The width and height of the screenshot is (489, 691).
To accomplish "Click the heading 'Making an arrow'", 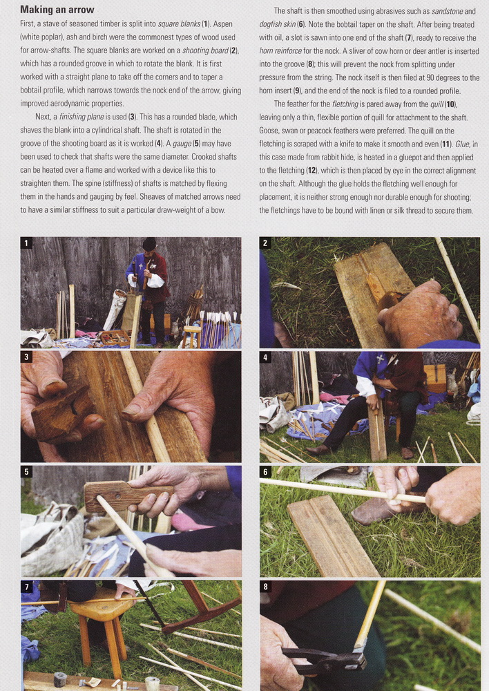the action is pyautogui.click(x=57, y=10).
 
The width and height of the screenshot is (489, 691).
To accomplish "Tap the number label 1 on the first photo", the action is pyautogui.click(x=26, y=243).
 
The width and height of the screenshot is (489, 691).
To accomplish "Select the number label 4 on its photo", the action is pyautogui.click(x=265, y=357).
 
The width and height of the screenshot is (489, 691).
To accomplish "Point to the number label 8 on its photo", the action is pyautogui.click(x=265, y=587).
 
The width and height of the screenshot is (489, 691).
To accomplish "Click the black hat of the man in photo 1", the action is pyautogui.click(x=149, y=244).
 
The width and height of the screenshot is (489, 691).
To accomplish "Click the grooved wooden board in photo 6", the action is pyautogui.click(x=333, y=536).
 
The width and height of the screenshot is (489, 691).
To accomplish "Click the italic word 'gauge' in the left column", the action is pyautogui.click(x=182, y=144).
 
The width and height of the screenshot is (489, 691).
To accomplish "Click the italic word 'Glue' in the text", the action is pyautogui.click(x=462, y=144).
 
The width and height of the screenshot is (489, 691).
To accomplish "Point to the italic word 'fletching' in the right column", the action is pyautogui.click(x=345, y=104).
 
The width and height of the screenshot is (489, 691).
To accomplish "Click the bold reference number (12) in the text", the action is pyautogui.click(x=312, y=171).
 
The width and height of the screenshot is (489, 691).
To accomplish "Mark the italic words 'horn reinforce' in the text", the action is pyautogui.click(x=280, y=51).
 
